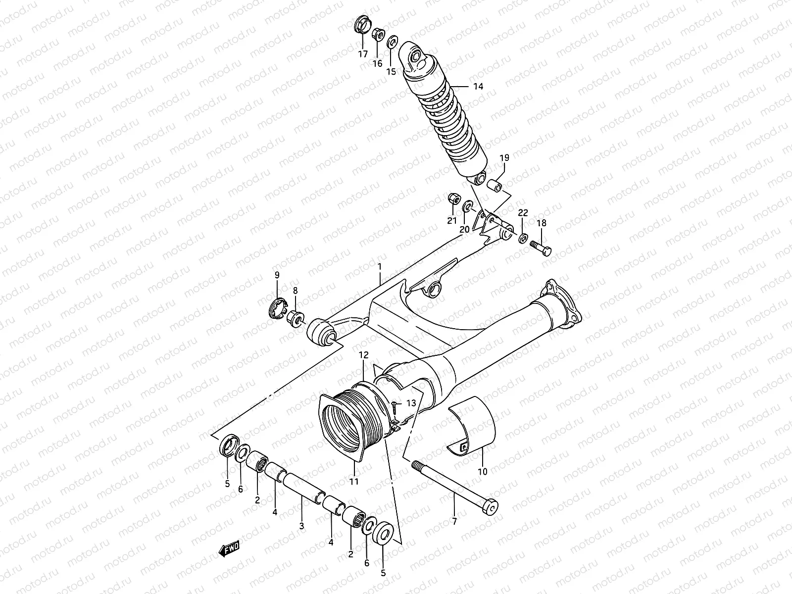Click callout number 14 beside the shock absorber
[477, 86]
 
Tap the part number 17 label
[363, 54]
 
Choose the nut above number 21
[452, 199]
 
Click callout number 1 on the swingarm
[379, 267]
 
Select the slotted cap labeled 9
[277, 310]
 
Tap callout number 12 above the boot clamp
[364, 355]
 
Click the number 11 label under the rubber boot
[353, 481]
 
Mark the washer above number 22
[523, 238]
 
